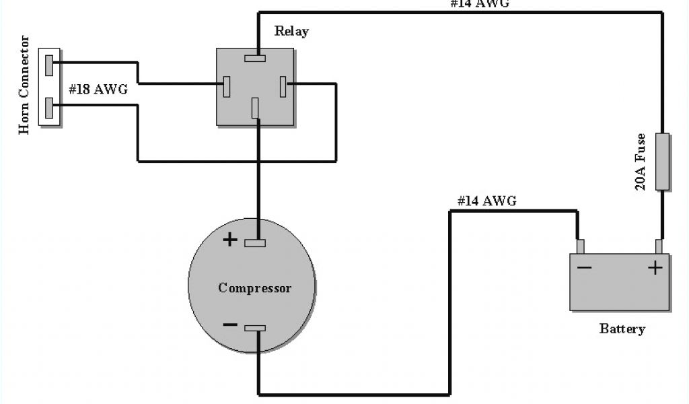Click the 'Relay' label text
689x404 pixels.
[x=292, y=32]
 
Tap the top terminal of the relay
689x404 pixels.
[x=255, y=58]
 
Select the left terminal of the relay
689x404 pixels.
[x=227, y=86]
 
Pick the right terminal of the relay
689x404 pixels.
[x=283, y=86]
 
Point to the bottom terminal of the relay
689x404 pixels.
[x=255, y=108]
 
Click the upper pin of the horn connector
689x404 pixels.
[x=49, y=65]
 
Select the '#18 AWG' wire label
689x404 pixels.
[x=98, y=89]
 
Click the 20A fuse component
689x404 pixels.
[x=662, y=162]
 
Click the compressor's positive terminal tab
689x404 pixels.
[x=255, y=242]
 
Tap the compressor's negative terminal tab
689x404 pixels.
[x=255, y=328]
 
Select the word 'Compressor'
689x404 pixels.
[x=255, y=288]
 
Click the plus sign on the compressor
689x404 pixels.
[x=230, y=239]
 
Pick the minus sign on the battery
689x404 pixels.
[x=584, y=268]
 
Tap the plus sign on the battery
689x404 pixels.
[x=655, y=268]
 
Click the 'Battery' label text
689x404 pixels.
[x=622, y=329]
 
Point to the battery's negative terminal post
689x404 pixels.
[x=580, y=246]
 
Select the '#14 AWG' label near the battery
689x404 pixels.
[x=486, y=201]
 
